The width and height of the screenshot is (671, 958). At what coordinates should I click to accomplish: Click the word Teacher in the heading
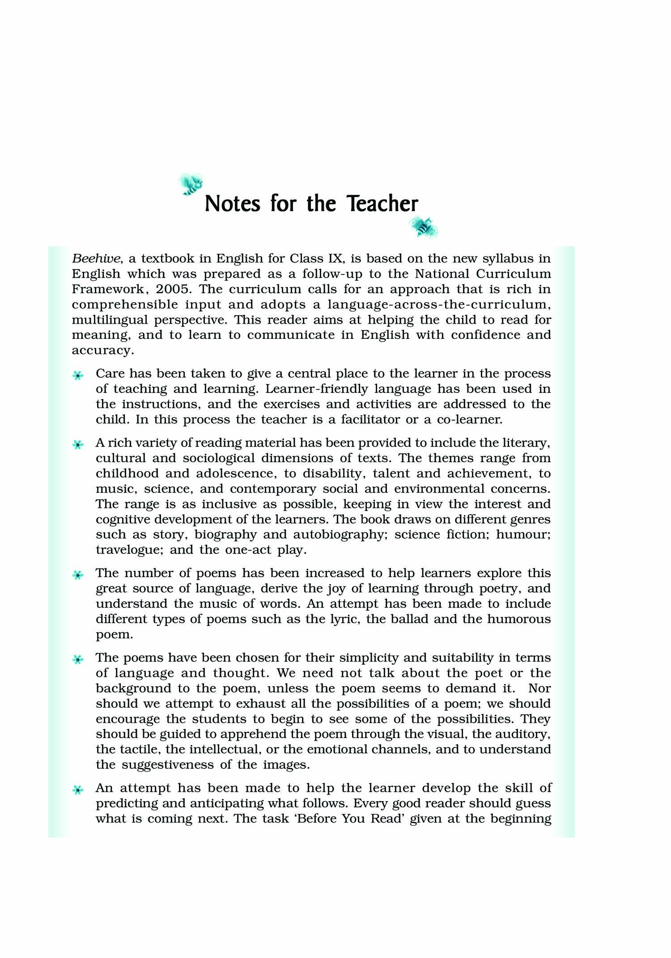click(382, 204)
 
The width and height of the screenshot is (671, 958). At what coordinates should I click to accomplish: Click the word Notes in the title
click(232, 204)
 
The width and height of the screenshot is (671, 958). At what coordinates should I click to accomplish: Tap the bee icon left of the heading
click(191, 184)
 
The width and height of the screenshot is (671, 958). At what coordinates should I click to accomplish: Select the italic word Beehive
click(96, 259)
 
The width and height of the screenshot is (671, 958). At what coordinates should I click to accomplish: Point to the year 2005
click(173, 289)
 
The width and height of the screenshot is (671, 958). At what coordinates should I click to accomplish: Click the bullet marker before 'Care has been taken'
click(78, 376)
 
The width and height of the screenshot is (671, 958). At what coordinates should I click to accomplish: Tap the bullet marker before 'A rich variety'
click(78, 445)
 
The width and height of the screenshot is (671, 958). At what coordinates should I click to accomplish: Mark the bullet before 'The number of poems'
click(78, 575)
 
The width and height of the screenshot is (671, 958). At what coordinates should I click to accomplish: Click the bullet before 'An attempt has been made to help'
click(78, 790)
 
